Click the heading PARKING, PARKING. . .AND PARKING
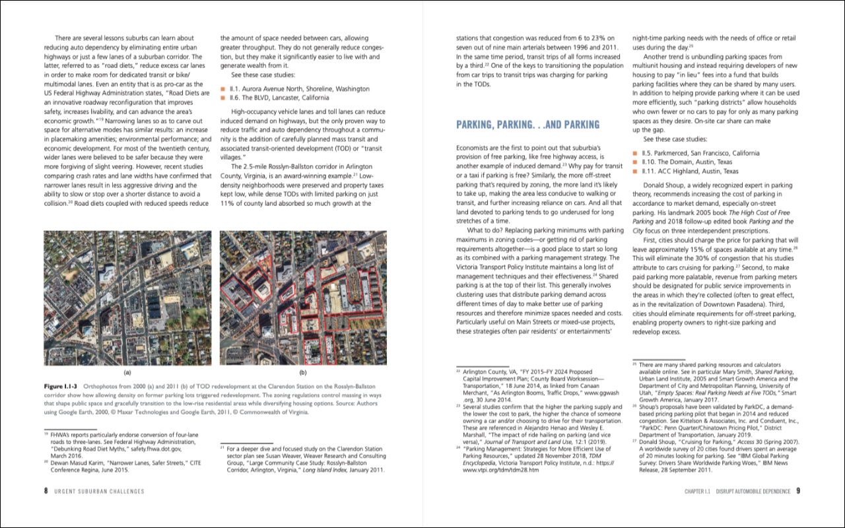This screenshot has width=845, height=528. [527, 125]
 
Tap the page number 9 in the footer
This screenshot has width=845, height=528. [797, 490]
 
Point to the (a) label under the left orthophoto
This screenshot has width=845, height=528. [127, 372]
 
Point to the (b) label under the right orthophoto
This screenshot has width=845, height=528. [303, 372]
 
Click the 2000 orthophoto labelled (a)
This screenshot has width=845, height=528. [127, 298]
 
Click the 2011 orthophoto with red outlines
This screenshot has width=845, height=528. [303, 298]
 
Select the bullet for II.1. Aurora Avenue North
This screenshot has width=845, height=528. [224, 88]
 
